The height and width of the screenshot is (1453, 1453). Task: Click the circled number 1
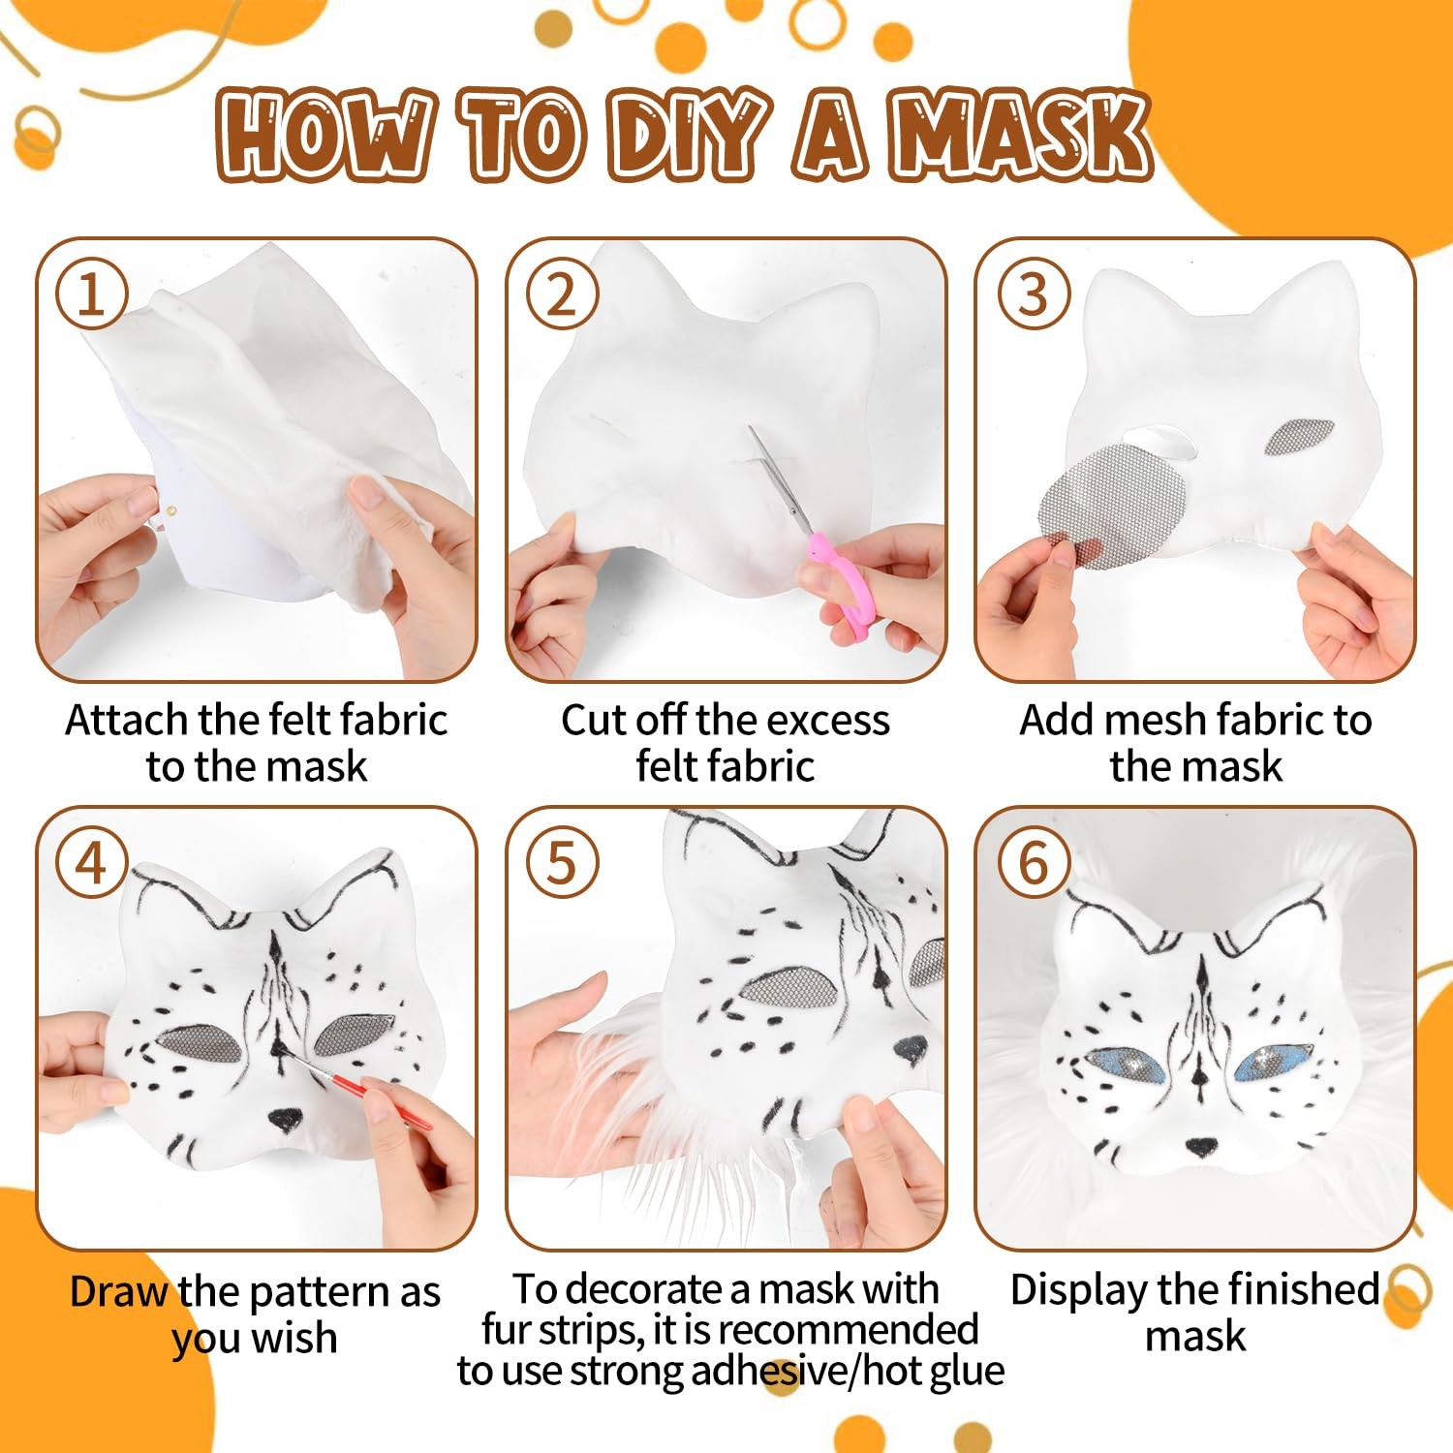[92, 294]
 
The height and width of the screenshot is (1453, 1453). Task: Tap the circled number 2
[562, 294]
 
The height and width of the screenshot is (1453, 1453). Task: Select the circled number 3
[1034, 294]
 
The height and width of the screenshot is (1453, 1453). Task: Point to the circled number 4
[92, 862]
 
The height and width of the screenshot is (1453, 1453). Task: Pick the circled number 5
[562, 862]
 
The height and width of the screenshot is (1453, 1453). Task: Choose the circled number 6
[1034, 862]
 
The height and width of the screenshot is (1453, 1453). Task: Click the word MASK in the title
[1021, 136]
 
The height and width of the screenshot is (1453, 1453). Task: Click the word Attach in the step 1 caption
[127, 720]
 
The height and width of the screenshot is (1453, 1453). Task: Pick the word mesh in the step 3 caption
[1157, 720]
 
